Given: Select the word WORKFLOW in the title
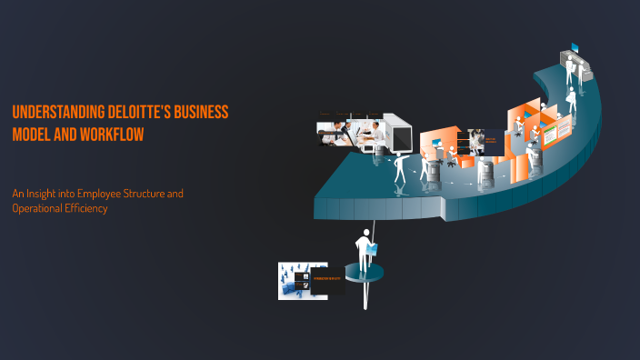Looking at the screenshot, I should point(108,135).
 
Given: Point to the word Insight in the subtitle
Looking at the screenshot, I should point(45,194).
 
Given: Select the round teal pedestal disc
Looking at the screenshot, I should point(364,272).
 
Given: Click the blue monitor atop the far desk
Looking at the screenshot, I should point(574,48).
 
